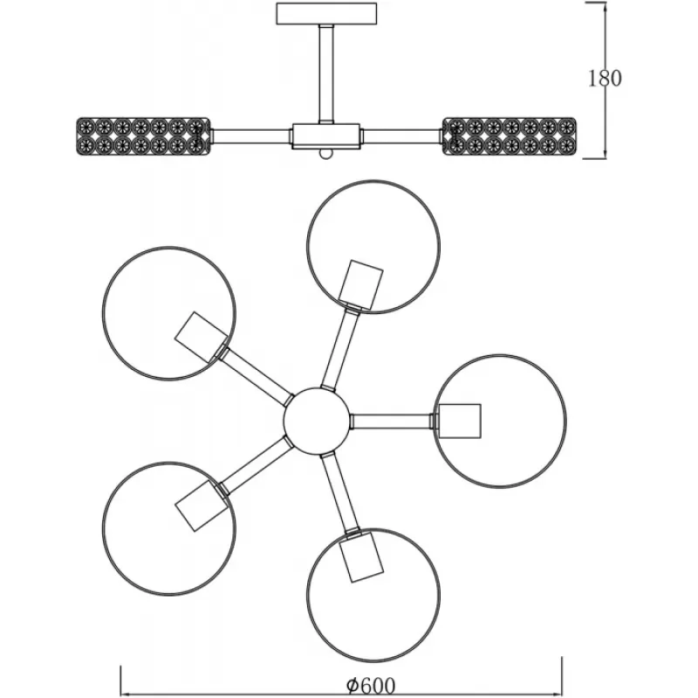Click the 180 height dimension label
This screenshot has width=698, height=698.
coord(605,78)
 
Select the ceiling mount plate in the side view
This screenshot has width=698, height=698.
coord(328,15)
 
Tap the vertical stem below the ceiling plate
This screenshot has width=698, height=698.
coord(326,74)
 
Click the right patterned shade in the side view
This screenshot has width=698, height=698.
coord(510,136)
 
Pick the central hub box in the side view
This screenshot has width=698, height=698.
coord(326,135)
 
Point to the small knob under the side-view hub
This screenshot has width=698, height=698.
coord(326,154)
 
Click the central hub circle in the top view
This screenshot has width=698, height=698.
coord(317,421)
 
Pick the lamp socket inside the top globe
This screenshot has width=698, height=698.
coord(360,283)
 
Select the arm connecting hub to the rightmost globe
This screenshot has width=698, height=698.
coord(393,421)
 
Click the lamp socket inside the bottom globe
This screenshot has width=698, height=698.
coord(360,558)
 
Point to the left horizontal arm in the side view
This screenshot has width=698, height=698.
coord(251,136)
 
